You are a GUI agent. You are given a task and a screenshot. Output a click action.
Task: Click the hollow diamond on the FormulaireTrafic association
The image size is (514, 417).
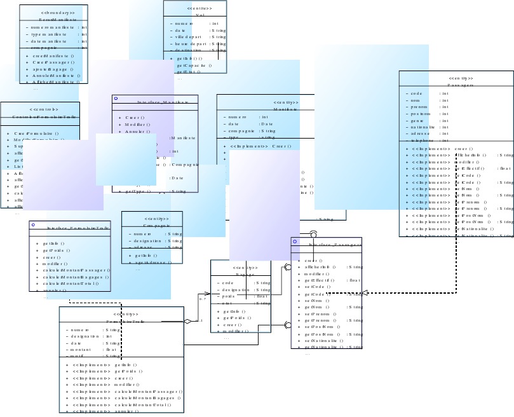pos(187,322)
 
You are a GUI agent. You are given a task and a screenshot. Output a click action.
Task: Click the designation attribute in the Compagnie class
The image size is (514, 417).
pos(147,241)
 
